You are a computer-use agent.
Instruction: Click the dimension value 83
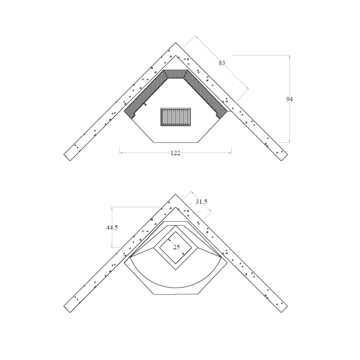[x=222, y=63]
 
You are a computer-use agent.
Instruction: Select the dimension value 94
[x=289, y=99]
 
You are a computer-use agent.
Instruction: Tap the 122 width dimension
[x=175, y=153]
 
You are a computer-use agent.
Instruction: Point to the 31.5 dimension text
[x=201, y=202]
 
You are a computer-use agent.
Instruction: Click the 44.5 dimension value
[x=112, y=228]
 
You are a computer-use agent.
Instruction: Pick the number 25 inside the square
[x=176, y=247]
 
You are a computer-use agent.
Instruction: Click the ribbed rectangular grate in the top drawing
[x=176, y=117]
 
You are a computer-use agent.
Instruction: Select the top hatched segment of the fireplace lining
[x=176, y=74]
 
